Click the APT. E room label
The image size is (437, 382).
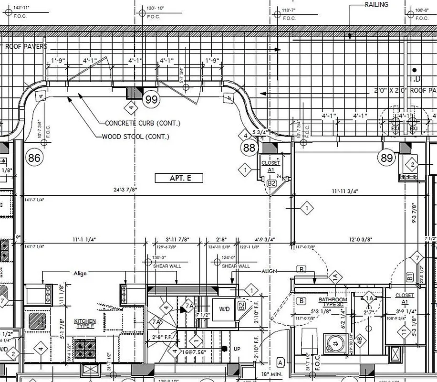tap(179, 178)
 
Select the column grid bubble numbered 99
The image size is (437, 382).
tap(152, 99)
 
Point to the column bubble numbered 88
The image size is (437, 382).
tap(250, 148)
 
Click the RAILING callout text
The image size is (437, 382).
tap(377, 5)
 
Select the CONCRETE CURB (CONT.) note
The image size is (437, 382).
tap(143, 123)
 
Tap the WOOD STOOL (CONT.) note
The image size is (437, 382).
tap(135, 137)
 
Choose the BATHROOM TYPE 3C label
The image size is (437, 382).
tap(333, 302)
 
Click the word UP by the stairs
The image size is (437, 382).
tap(237, 349)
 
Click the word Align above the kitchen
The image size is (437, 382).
tap(81, 273)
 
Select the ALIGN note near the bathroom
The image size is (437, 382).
tap(269, 271)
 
